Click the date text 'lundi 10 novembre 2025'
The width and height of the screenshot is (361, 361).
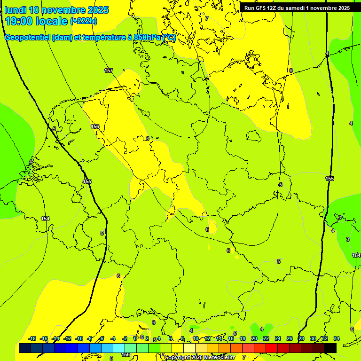pyautogui.click(x=56, y=10)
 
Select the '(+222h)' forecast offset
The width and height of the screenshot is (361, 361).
pyautogui.click(x=84, y=21)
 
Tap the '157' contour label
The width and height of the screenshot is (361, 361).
pyautogui.click(x=109, y=71)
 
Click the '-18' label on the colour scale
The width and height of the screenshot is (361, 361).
pyautogui.click(x=32, y=338)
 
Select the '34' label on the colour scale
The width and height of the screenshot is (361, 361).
pyautogui.click(x=337, y=338)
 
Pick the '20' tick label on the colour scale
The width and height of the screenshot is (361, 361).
pyautogui.click(x=254, y=338)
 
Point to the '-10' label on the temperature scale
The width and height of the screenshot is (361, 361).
pyautogui.click(x=79, y=338)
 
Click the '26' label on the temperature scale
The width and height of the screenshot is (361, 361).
pyautogui.click(x=290, y=338)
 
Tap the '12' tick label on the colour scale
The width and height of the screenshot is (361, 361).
pyautogui.click(x=207, y=338)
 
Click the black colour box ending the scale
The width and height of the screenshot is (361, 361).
pyautogui.click(x=330, y=348)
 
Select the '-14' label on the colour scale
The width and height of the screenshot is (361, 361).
pyautogui.click(x=56, y=338)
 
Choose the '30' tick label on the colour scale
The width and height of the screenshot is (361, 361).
pyautogui.click(x=313, y=338)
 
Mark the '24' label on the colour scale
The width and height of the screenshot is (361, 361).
pyautogui.click(x=278, y=338)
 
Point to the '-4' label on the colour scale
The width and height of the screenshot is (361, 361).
pyautogui.click(x=113, y=338)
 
